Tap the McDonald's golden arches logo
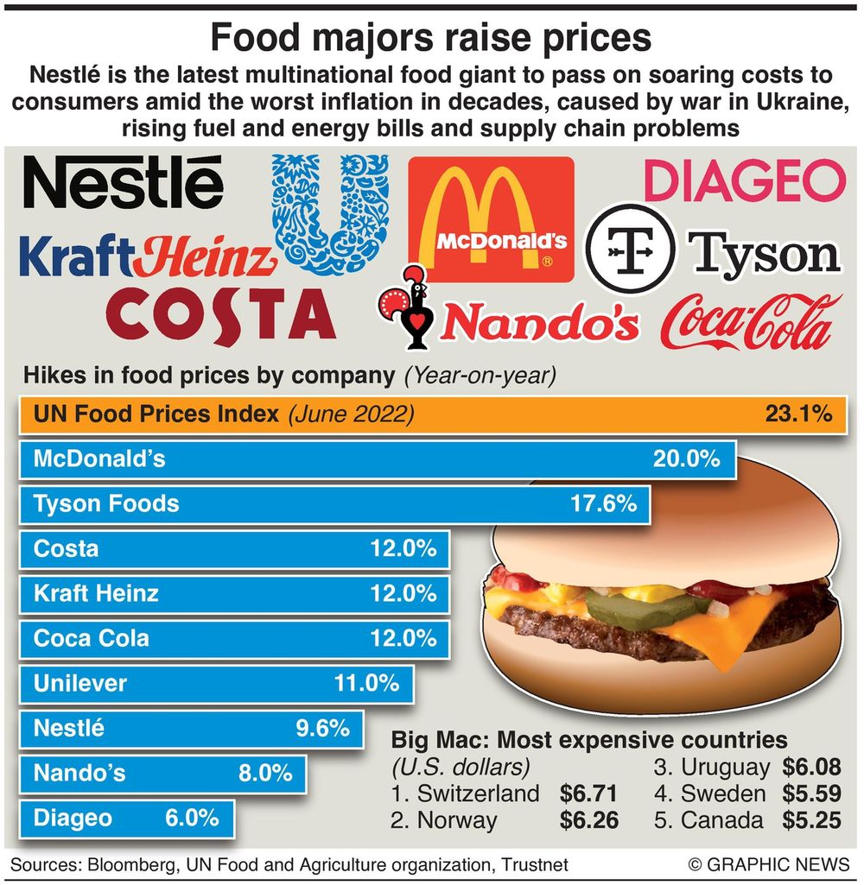point(490,218)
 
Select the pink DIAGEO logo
point(745,180)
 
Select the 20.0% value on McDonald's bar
point(686,459)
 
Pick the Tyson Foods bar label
point(105,503)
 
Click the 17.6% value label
point(603,503)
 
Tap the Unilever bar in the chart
point(216,684)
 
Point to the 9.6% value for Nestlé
point(322,729)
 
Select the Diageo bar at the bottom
point(126,818)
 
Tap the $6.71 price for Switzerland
point(588,793)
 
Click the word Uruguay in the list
point(724,767)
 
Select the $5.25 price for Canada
point(811,820)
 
